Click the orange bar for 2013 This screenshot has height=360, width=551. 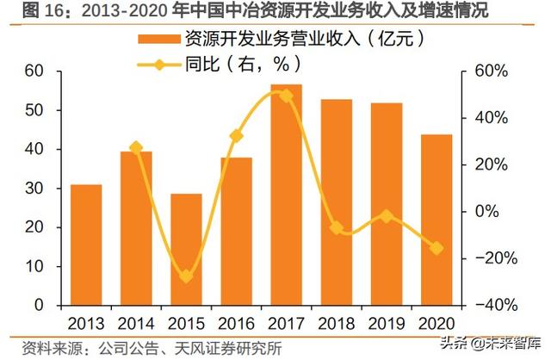pos(86,245)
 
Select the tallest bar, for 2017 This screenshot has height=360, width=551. pos(286,195)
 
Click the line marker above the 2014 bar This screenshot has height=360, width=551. pos(136,148)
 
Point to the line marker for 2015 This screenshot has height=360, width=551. pos(186,276)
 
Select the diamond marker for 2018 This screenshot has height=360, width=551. pos(336,228)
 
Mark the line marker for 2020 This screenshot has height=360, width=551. pos(436,248)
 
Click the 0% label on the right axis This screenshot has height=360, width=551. pos(492,212)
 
